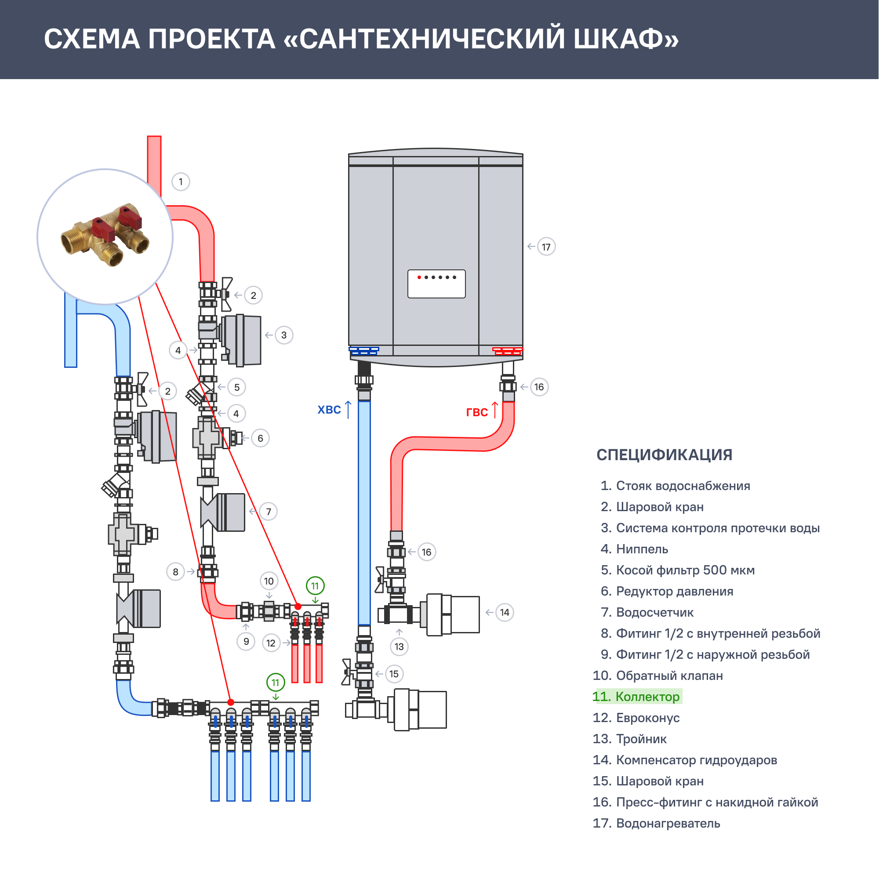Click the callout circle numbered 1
click(181, 182)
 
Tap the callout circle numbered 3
click(284, 335)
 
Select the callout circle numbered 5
click(236, 387)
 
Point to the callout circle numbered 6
click(260, 438)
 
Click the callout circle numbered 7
click(269, 512)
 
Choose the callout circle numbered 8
click(176, 572)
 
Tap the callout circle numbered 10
click(269, 581)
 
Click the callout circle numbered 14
click(505, 612)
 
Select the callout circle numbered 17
click(546, 247)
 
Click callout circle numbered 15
click(394, 674)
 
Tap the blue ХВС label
click(329, 410)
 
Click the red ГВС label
click(477, 412)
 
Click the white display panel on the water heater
click(436, 284)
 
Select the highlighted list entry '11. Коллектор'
click(637, 697)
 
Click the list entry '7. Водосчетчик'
click(648, 612)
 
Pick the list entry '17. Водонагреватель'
click(657, 823)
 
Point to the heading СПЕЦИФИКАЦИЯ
click(664, 455)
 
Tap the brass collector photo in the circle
click(105, 236)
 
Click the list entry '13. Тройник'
click(630, 739)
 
